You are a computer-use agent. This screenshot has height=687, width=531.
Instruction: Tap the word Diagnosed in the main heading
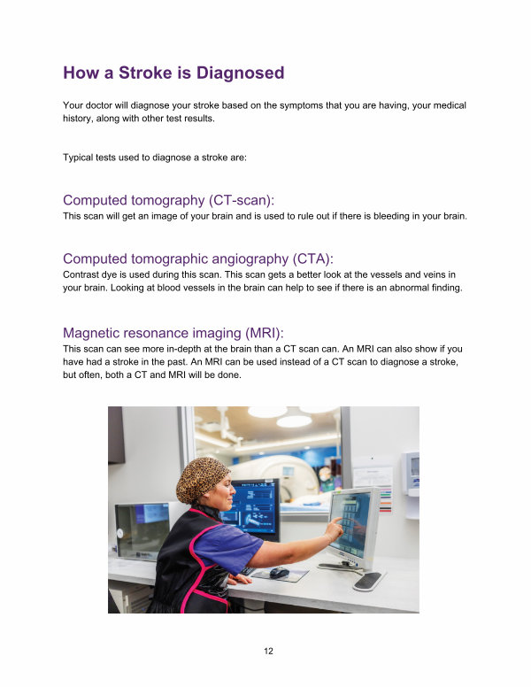[x=241, y=73]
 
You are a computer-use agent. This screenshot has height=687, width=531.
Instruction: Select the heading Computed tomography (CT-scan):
[x=169, y=200]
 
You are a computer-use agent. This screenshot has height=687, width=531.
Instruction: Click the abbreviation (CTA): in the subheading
[x=313, y=259]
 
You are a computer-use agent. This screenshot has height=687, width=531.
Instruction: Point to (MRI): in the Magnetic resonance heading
[x=265, y=333]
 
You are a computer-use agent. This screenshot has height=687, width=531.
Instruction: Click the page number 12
[x=268, y=651]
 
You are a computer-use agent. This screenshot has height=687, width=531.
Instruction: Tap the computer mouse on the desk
[x=279, y=572]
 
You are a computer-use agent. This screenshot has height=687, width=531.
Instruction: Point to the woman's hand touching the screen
[x=335, y=529]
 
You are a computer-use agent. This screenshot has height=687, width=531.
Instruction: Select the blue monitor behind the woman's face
[x=256, y=507]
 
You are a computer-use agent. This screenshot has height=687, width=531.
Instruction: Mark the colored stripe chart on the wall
[x=385, y=499]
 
